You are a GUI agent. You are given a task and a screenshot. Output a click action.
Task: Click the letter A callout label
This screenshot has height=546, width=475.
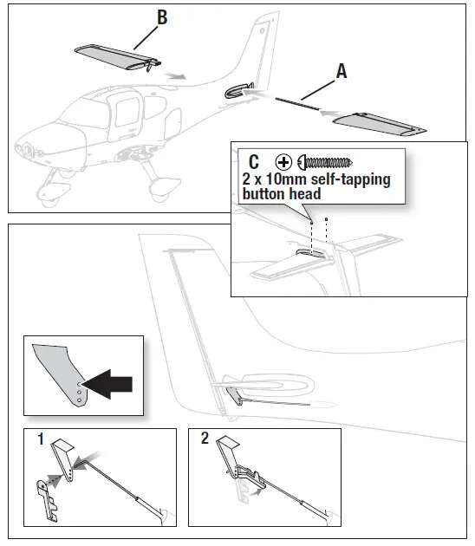pyautogui.click(x=341, y=73)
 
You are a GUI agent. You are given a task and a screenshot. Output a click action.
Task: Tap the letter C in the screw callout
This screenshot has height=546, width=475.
pyautogui.click(x=254, y=161)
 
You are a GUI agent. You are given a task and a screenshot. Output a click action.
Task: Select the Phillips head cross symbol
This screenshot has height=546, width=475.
pyautogui.click(x=283, y=162)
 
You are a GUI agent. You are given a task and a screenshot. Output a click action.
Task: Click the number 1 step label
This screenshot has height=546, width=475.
pyautogui.click(x=40, y=440)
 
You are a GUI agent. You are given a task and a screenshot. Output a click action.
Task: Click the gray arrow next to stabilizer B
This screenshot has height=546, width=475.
pyautogui.click(x=176, y=76)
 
